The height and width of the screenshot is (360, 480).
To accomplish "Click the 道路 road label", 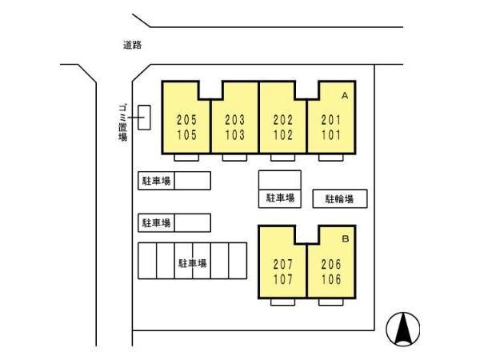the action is point(132,45).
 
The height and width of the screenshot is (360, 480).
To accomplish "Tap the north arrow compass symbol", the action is point(403,329).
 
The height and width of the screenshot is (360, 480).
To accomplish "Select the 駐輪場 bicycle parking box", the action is point(340,199).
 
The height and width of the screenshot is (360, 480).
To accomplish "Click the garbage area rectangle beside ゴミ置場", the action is point(144,118).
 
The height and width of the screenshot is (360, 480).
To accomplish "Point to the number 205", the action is point(186,120).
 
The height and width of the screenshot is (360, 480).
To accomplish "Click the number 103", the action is point(234,135).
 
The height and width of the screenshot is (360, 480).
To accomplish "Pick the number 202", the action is point(283,120).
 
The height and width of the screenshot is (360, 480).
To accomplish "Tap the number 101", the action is point(331,135).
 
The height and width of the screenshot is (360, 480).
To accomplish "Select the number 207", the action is point(283,264).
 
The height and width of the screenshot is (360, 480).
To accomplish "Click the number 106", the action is point(331,279).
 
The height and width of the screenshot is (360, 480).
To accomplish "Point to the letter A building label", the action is point(345,96).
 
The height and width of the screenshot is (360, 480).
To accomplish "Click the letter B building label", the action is point(346,238).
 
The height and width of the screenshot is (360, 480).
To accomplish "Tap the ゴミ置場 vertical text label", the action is point(122,122).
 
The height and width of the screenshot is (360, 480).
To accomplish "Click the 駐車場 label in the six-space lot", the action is point(193,263).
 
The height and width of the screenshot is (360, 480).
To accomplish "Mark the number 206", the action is point(331,264).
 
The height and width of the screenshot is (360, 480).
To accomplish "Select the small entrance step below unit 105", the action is point(186,158).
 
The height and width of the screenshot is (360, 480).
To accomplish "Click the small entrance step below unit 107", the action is point(283,302).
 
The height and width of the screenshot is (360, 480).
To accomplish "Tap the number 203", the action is point(234,120).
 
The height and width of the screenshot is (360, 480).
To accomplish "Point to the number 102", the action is point(283,135).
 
